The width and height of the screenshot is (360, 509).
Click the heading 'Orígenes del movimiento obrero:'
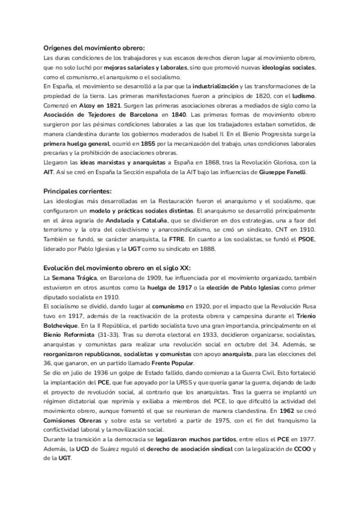pyautogui.click(x=94, y=47)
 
